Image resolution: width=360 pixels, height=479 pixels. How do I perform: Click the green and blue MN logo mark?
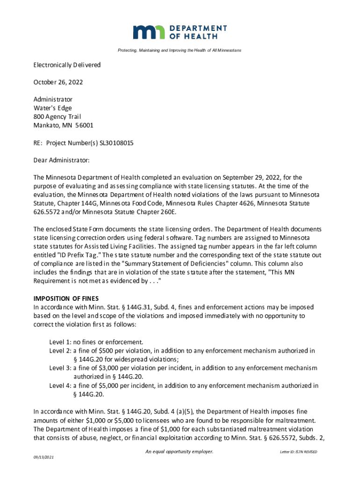pos(149,32)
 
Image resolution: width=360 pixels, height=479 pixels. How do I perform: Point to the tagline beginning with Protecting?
pos(180,50)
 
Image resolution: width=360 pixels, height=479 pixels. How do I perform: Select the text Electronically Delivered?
pos(67,65)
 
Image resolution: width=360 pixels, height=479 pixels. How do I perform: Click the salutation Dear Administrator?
pos(61,160)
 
